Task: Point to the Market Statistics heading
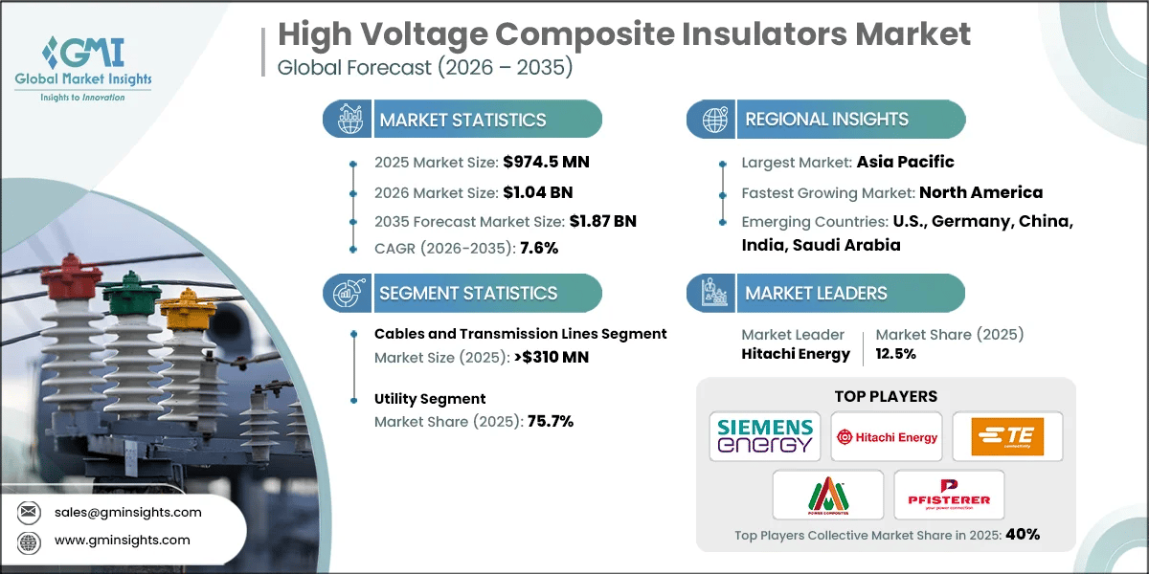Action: coord(462,120)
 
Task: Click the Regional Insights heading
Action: coord(826,120)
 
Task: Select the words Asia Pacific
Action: coord(905,162)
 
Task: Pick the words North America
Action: coord(980,192)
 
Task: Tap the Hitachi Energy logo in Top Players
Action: coord(886,436)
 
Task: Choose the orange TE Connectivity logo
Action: coord(1006,436)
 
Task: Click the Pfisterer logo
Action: coord(949,495)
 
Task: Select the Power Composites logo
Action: coord(827,495)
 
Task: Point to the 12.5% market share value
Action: coord(896,354)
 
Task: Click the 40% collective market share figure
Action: coord(1022,535)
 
